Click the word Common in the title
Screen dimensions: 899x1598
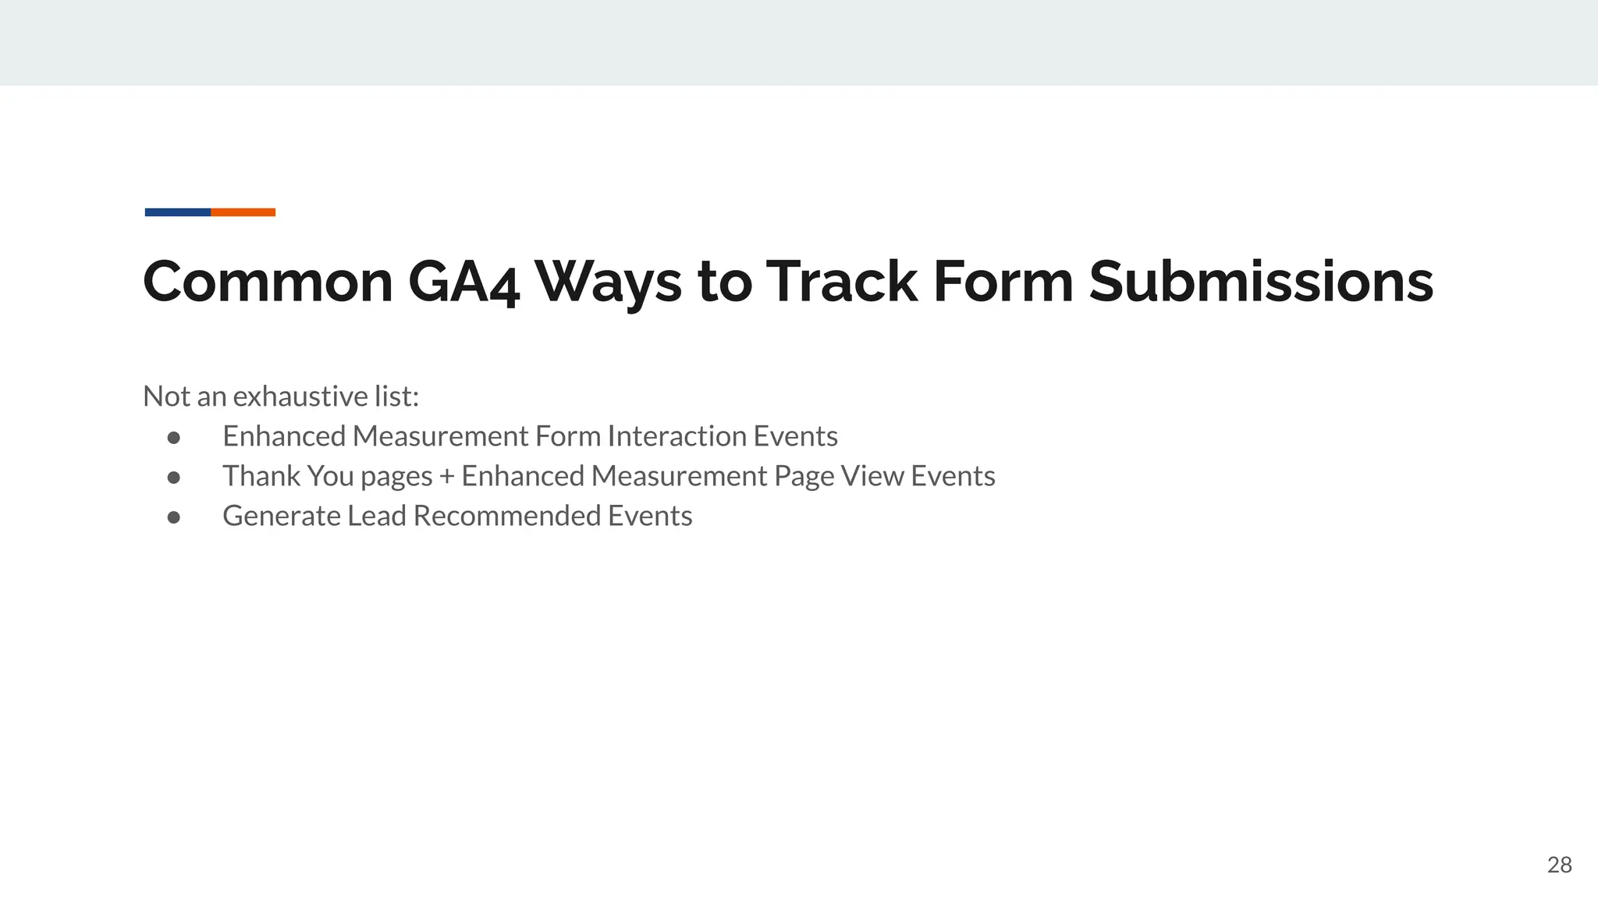(x=268, y=282)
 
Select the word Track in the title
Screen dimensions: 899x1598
(x=841, y=282)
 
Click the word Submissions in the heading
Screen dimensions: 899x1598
(x=1260, y=282)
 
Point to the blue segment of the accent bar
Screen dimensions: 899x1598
(x=178, y=212)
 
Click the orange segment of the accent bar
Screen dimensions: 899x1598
(x=243, y=212)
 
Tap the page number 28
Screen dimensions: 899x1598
(x=1559, y=865)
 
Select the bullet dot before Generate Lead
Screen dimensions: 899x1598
(x=174, y=517)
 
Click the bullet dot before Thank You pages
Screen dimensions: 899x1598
(x=174, y=477)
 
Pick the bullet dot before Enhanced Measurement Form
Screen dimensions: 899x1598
(x=174, y=437)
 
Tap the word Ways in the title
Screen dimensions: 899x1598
(x=608, y=282)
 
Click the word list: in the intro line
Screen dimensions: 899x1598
(x=396, y=396)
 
